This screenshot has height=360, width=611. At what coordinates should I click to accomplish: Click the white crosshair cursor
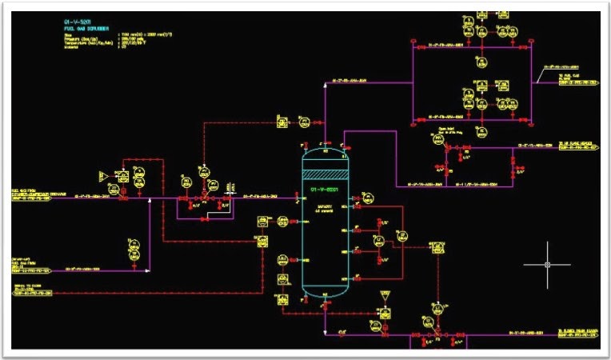(x=548, y=264)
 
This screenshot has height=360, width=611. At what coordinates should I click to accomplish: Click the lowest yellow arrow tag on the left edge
(x=30, y=293)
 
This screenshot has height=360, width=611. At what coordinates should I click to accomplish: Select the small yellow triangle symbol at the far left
(x=102, y=174)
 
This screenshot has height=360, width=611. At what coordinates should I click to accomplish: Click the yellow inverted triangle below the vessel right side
(x=385, y=297)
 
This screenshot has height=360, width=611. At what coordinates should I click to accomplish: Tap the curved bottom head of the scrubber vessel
(x=326, y=291)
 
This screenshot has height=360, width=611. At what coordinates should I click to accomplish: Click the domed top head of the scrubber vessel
(x=326, y=150)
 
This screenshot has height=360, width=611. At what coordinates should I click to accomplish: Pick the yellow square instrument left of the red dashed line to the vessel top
(x=282, y=122)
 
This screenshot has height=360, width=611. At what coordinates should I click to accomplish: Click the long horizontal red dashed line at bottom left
(x=160, y=293)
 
